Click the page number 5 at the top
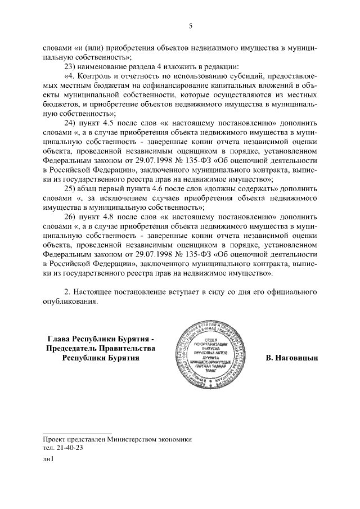[191, 26]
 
